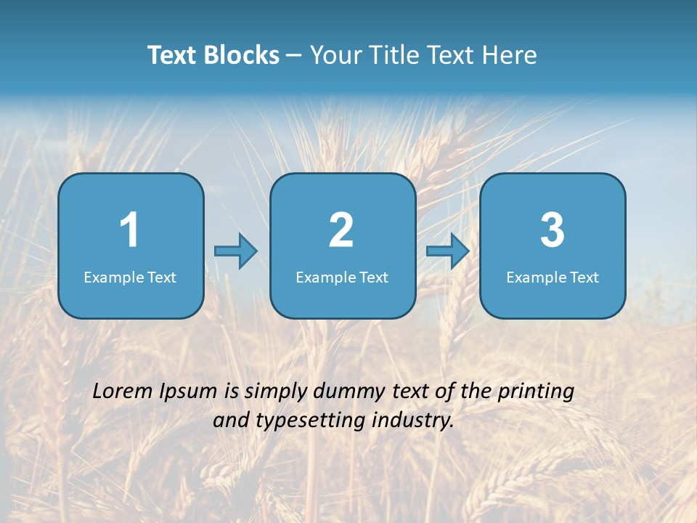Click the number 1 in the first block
pyautogui.click(x=129, y=230)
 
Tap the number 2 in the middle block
pyautogui.click(x=341, y=230)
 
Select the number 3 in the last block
pyautogui.click(x=553, y=230)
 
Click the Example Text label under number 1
pyautogui.click(x=130, y=277)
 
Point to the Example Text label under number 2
pyautogui.click(x=342, y=277)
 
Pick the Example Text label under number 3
pyautogui.click(x=553, y=277)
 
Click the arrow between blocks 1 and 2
pyautogui.click(x=236, y=251)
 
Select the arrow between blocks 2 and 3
pyautogui.click(x=448, y=251)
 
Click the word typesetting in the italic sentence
pyautogui.click(x=309, y=421)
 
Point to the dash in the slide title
pyautogui.click(x=294, y=56)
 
